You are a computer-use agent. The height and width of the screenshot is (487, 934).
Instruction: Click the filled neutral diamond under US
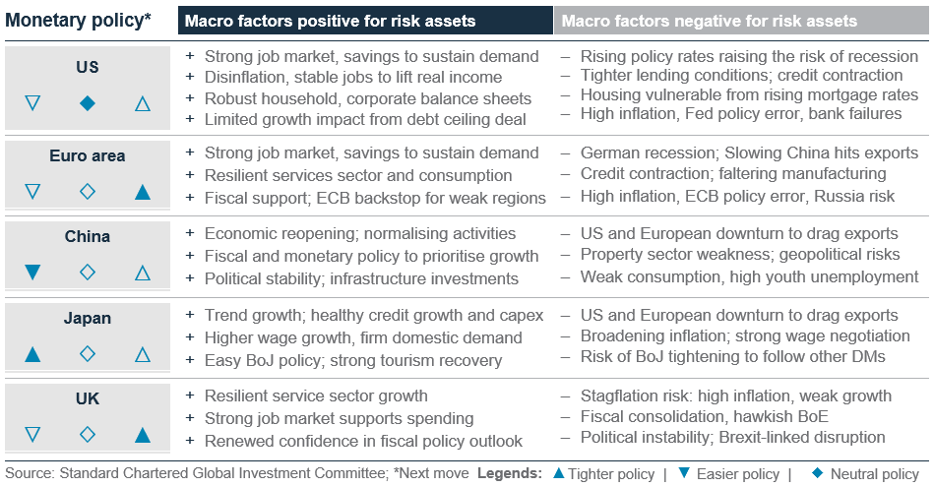coord(87,102)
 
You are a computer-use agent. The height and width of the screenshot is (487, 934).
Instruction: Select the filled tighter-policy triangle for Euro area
coord(142,191)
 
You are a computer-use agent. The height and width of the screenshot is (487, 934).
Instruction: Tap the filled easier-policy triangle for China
coord(32,273)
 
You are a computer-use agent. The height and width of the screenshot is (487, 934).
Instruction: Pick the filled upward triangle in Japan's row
coord(32,353)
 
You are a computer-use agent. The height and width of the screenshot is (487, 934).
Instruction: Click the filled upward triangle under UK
coord(142,434)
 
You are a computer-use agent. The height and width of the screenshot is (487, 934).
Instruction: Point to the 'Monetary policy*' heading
coord(79,20)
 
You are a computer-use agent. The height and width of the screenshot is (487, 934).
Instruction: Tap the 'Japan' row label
coord(87,319)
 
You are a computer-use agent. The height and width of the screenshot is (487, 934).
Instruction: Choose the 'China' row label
coord(87,237)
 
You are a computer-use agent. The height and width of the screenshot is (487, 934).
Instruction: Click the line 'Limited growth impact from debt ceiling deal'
coord(365,120)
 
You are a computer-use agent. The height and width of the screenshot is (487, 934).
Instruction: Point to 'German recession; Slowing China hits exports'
coord(749,153)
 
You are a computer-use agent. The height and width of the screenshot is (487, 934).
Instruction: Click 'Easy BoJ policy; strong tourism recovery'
coord(352,359)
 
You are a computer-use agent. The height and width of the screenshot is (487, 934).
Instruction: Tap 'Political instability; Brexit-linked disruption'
coord(732,437)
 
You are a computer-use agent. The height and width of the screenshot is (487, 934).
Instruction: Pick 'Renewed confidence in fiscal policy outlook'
coord(363,441)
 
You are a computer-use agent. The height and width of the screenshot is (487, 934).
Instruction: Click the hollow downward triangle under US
coord(32,102)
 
